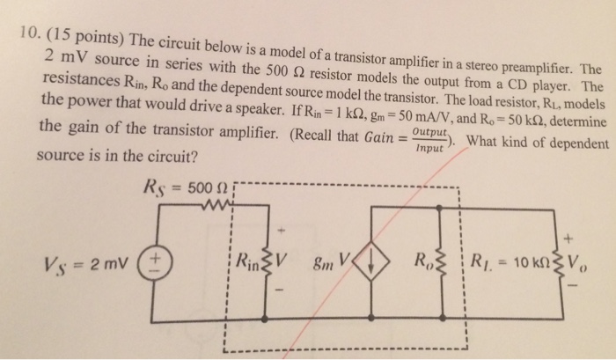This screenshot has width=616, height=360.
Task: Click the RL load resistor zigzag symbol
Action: (x=559, y=261)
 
